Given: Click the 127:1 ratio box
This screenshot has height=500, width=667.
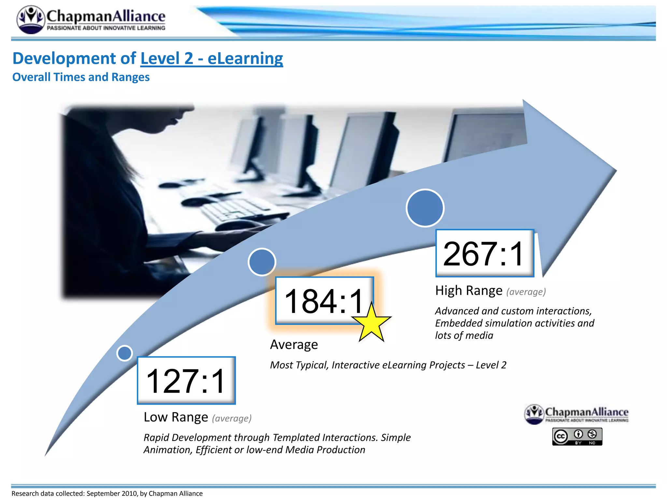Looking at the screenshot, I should pyautogui.click(x=186, y=380).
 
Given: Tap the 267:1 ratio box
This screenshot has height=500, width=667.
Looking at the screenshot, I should pyautogui.click(x=484, y=253).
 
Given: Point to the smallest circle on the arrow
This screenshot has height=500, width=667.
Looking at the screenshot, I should pyautogui.click(x=124, y=353).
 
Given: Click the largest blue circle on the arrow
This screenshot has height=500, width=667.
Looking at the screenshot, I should pyautogui.click(x=425, y=208).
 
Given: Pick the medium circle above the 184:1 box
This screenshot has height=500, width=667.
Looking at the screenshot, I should pyautogui.click(x=262, y=262).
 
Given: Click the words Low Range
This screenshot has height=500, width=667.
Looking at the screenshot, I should pyautogui.click(x=176, y=417).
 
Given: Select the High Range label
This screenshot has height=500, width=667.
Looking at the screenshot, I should pyautogui.click(x=469, y=290).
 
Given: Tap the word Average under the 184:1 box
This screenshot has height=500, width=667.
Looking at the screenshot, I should pyautogui.click(x=294, y=344).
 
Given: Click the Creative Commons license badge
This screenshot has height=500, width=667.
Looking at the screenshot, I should pyautogui.click(x=577, y=437).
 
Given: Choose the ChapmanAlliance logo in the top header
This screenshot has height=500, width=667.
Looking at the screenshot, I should pyautogui.click(x=91, y=20).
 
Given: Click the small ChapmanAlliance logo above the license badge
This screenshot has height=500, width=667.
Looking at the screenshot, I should pyautogui.click(x=576, y=414).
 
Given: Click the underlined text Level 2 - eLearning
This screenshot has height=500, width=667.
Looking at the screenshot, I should pyautogui.click(x=212, y=59).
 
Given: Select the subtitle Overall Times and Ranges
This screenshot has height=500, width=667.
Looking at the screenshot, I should pyautogui.click(x=81, y=77).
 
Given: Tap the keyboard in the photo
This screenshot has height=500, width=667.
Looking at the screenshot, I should pyautogui.click(x=234, y=208).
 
